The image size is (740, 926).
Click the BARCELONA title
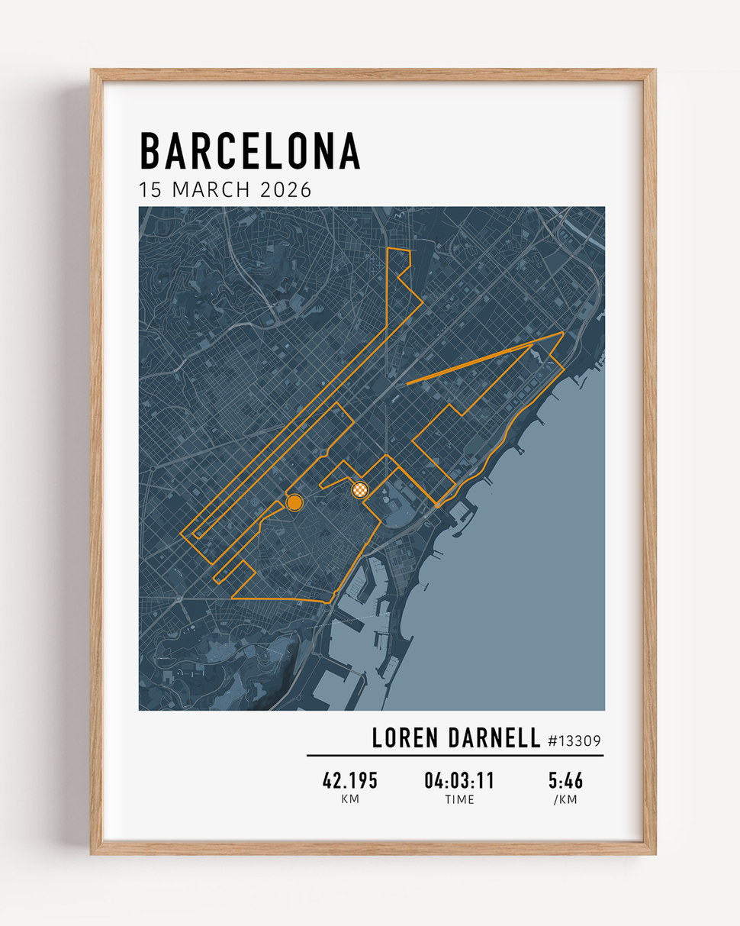249,151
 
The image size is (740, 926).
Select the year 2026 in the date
286,190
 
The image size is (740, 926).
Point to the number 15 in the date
150,190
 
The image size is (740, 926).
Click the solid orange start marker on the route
294,502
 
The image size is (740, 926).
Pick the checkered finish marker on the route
361,489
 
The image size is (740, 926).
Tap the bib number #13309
574,740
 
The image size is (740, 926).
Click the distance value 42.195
350,781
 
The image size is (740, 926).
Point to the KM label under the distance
350,800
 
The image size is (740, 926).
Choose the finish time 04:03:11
459,781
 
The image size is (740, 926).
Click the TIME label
459,800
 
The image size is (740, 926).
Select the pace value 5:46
565,781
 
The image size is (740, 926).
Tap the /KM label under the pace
565,800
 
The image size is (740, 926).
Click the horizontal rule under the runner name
455,756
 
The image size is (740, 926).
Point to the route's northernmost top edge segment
399,250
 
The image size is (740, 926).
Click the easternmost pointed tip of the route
563,333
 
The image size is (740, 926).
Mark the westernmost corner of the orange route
182,534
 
